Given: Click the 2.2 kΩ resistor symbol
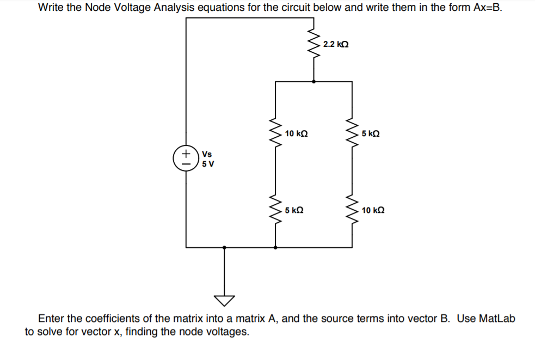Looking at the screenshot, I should [313, 44].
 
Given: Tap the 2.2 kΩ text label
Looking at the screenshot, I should [335, 44].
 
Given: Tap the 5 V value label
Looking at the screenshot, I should [207, 163].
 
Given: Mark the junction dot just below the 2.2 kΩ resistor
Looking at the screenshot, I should [313, 82].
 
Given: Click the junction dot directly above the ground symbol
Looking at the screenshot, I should [224, 247].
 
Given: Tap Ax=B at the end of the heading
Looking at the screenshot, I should [483, 8].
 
